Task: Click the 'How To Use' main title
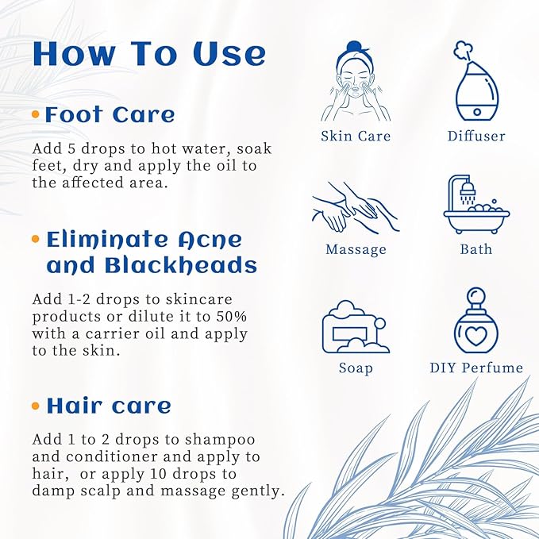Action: click(x=148, y=54)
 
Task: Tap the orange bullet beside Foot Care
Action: click(x=36, y=115)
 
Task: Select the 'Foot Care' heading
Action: click(x=110, y=115)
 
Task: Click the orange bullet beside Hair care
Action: click(x=36, y=406)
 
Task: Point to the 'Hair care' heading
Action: click(x=109, y=406)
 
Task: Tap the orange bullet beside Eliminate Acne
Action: click(x=36, y=239)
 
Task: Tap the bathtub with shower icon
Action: click(x=475, y=205)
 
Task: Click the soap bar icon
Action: click(x=355, y=327)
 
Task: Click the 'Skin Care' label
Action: click(x=356, y=136)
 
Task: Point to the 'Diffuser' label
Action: click(x=476, y=136)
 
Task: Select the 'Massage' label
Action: click(x=356, y=249)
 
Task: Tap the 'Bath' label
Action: click(x=476, y=249)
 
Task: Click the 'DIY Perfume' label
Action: click(x=476, y=368)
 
